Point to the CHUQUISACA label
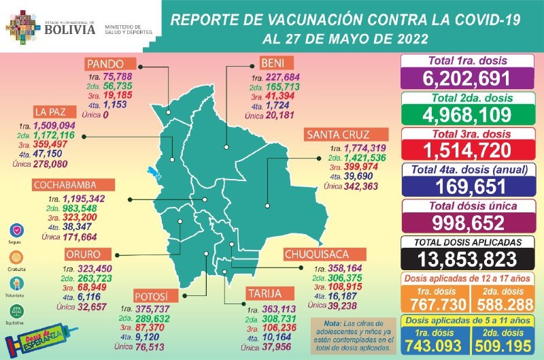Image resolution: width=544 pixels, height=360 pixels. tap(318, 255)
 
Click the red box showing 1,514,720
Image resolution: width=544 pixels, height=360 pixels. tap(469, 149)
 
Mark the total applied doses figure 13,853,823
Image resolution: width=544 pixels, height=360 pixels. tap(469, 259)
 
